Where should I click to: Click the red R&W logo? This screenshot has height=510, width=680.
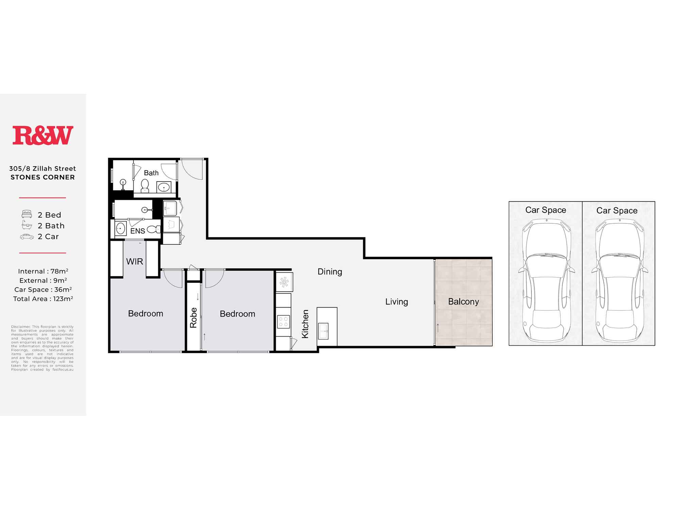[43, 135]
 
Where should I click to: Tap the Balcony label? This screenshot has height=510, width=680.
[463, 302]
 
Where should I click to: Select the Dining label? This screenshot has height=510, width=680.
[329, 272]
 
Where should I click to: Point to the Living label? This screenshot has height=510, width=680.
[396, 302]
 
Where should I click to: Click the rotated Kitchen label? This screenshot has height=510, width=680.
[305, 324]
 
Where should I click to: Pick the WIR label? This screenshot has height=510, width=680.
[135, 261]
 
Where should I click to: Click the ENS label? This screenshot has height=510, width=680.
[137, 231]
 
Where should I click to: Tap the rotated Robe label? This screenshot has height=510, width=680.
[193, 318]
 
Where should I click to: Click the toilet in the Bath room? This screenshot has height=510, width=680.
[145, 186]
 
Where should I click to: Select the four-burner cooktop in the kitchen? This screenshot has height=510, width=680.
[283, 322]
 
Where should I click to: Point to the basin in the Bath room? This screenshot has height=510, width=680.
[164, 187]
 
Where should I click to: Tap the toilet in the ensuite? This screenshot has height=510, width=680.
[154, 229]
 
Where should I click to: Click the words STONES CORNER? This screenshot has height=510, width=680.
[42, 177]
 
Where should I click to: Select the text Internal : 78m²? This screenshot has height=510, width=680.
[43, 271]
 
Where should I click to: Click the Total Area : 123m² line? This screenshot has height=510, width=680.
[43, 299]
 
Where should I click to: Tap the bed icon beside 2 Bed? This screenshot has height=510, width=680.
[27, 214]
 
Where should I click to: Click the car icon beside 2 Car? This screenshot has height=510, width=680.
[27, 237]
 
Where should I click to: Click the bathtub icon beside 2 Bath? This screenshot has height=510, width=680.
[27, 225]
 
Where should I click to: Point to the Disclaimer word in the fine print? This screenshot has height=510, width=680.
[21, 327]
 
